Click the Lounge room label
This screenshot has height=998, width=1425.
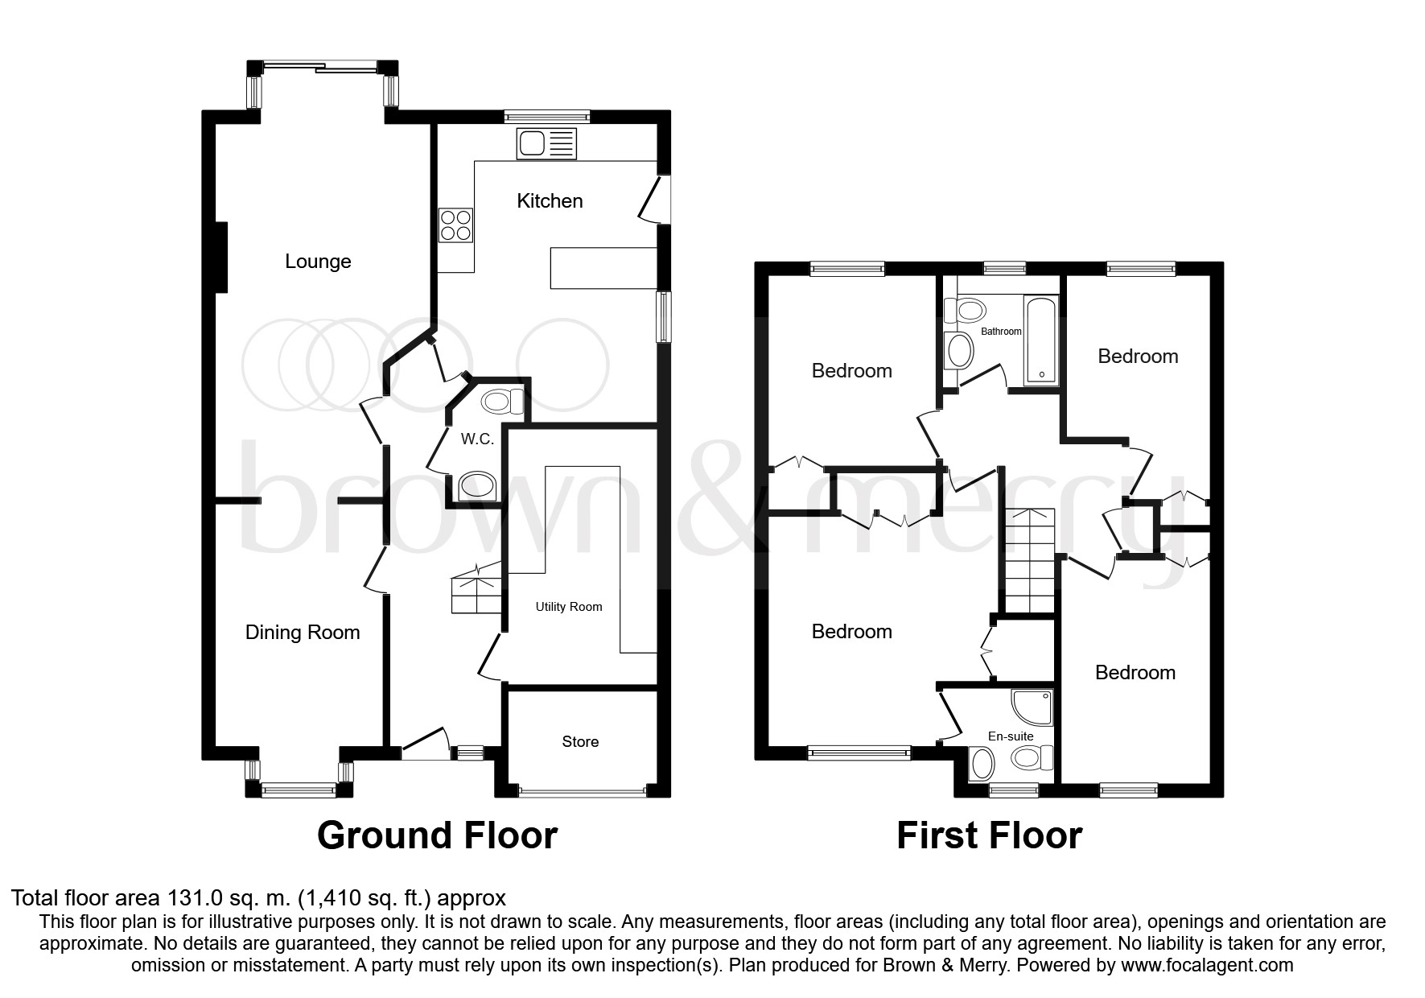318,262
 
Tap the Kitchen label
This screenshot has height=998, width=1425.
550,200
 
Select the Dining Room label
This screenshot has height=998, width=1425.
303,633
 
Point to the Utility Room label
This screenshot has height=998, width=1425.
569,607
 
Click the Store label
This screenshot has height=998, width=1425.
580,742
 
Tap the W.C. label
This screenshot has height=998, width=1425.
477,439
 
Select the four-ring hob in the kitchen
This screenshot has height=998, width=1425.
455,225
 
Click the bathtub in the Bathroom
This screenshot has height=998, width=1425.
1040,339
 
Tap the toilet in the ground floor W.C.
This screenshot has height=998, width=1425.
500,400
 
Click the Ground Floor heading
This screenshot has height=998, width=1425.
437,835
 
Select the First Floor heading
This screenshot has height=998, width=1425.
989,835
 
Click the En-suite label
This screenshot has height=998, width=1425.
1011,736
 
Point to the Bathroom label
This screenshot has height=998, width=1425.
1001,332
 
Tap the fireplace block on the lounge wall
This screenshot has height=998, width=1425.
221,258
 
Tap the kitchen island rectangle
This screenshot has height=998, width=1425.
604,268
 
